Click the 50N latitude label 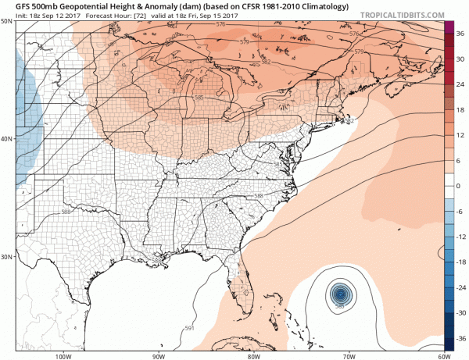click(7, 22)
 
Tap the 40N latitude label click(7, 140)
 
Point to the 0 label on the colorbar click(460, 186)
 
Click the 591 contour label click(189, 328)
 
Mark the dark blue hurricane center click(340, 294)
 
